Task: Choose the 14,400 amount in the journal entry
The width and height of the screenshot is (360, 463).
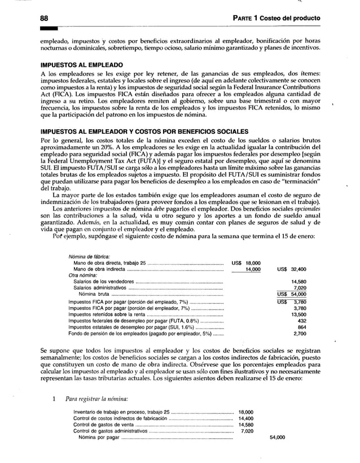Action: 246,419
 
